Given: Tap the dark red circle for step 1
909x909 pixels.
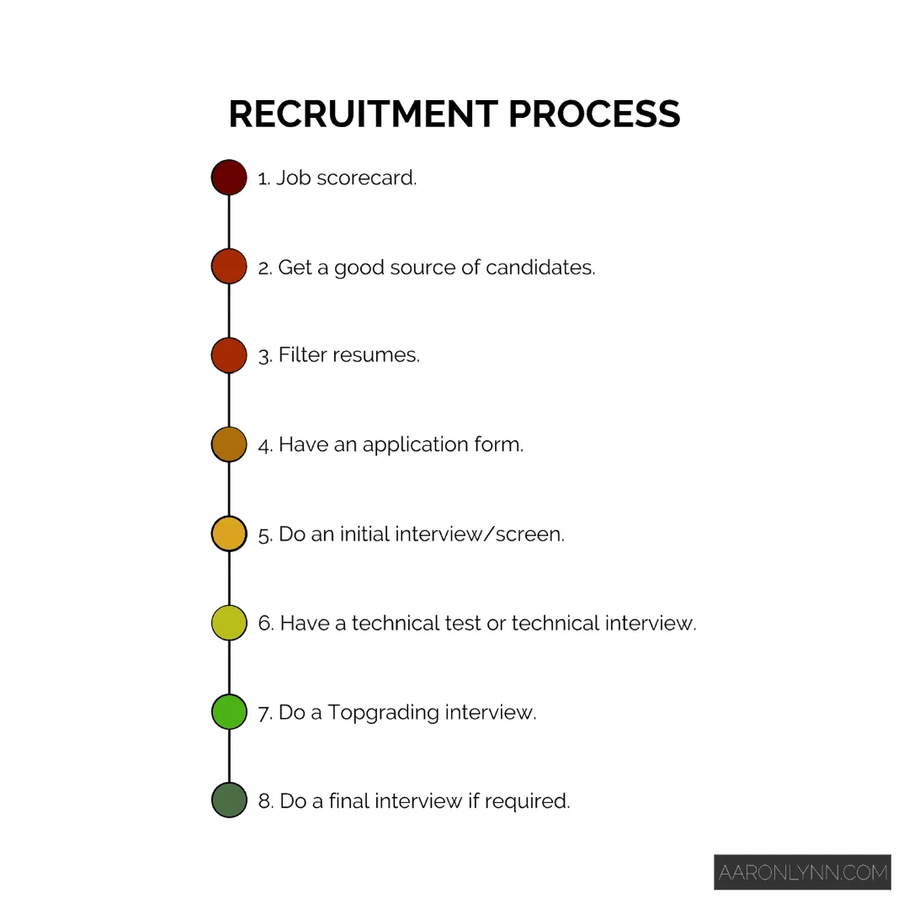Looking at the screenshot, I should click(229, 178).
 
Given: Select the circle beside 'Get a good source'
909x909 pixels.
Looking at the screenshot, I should click(229, 267).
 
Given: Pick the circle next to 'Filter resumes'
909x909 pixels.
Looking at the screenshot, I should click(229, 355).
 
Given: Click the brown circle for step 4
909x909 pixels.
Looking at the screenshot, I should click(229, 444).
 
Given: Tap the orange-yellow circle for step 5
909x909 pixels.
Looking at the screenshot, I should click(229, 534).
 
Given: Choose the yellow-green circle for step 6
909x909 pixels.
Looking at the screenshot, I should click(229, 623).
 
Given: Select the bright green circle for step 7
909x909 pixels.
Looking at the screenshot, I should click(229, 712).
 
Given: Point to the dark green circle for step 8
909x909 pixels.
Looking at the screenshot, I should click(229, 800).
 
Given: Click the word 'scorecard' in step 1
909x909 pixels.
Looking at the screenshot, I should click(366, 178).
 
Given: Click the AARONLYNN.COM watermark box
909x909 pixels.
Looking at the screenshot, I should click(802, 873).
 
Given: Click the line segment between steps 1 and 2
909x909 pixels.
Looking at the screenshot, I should click(229, 222).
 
